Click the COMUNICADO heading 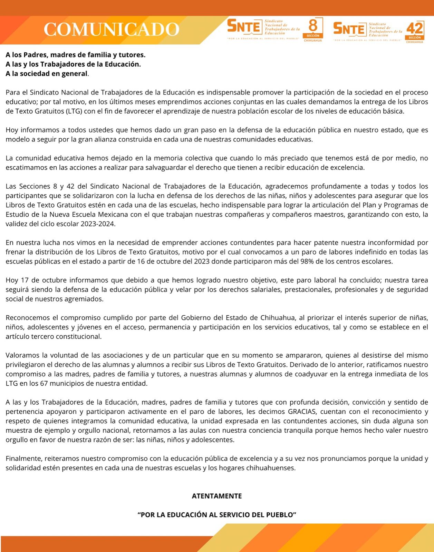point(111,29)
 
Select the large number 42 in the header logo point(414,28)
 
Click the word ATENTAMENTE point(217,496)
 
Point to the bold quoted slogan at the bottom point(217,515)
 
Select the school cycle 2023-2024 point(98,224)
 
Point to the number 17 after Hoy point(25,280)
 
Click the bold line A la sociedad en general point(47,74)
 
